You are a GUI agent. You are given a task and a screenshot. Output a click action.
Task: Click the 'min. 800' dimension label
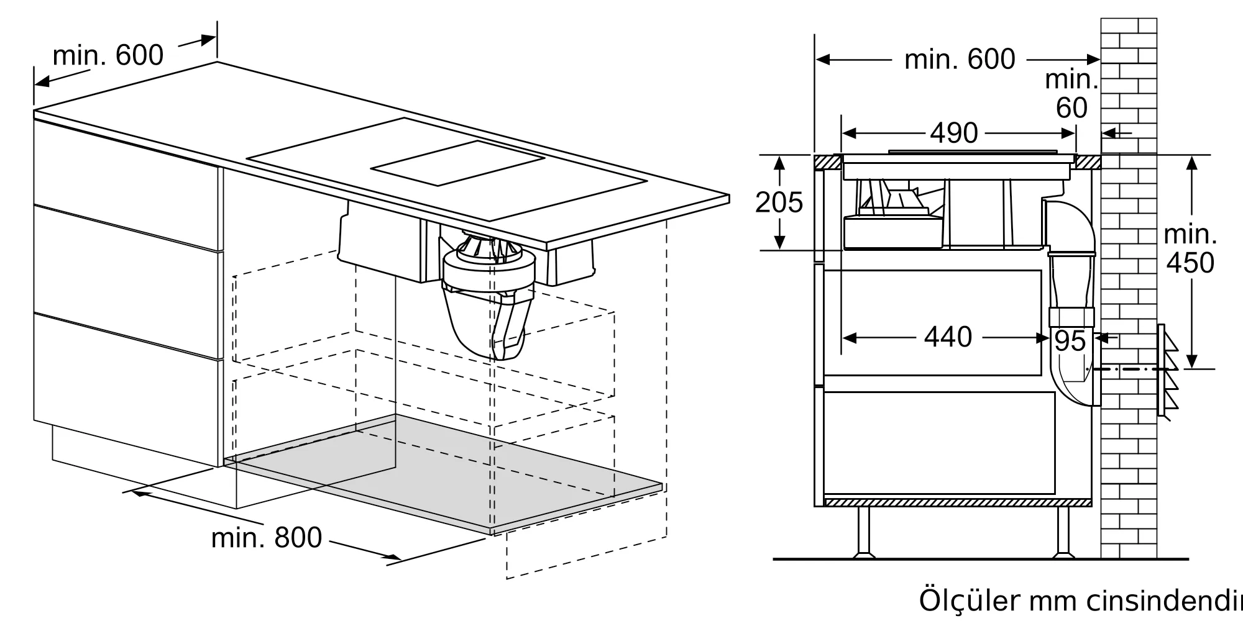coord(267,538)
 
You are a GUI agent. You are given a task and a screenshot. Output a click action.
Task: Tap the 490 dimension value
coord(953,133)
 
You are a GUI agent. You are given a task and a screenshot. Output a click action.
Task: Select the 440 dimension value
coord(948,337)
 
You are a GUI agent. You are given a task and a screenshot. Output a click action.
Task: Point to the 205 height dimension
coord(779,202)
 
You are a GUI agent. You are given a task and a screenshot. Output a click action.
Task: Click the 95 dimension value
coord(1070,341)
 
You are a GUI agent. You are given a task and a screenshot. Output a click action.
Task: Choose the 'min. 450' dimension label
coord(1190,249)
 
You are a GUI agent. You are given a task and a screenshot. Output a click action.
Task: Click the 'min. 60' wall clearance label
coord(1071,94)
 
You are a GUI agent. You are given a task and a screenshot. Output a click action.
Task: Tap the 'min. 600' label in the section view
coord(959,60)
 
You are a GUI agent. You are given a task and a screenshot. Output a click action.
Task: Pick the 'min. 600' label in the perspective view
coord(108,55)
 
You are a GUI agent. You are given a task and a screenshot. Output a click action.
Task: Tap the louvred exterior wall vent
coord(1167,371)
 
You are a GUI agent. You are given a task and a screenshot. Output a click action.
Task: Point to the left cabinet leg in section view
coord(863,531)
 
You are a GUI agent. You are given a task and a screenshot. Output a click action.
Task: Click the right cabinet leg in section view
coord(1063,531)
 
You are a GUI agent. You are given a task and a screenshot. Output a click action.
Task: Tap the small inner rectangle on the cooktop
coord(458,163)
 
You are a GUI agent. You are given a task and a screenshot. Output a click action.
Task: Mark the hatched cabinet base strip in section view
coord(957,502)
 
